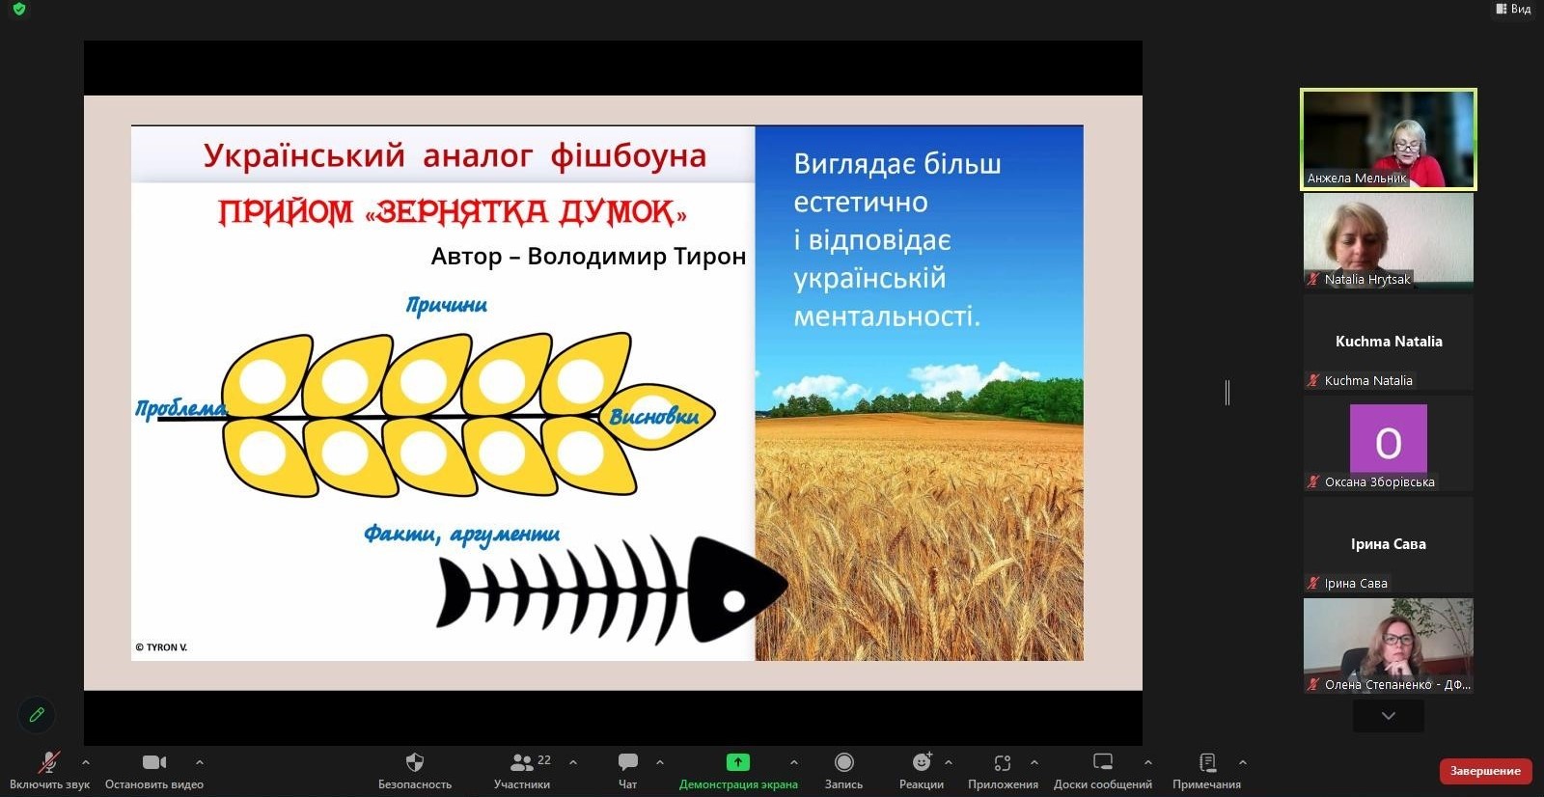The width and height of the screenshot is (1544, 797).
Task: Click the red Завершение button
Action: tap(1485, 771)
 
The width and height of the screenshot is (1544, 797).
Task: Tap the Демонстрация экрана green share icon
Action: tap(737, 762)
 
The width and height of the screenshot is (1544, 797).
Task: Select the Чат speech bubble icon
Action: tap(627, 762)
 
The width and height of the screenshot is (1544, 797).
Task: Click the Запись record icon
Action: tap(843, 762)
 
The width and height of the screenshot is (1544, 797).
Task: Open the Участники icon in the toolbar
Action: tap(522, 762)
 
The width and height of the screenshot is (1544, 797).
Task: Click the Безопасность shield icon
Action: tap(414, 762)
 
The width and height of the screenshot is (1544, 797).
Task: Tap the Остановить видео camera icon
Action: tap(153, 762)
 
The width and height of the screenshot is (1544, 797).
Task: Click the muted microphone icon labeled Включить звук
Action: tap(49, 762)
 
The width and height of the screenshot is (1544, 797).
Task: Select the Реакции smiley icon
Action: tap(922, 762)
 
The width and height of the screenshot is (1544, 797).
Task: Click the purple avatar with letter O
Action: tap(1389, 438)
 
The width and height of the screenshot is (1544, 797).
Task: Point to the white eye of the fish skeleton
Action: tap(734, 601)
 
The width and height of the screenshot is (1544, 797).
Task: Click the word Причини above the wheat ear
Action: tap(447, 305)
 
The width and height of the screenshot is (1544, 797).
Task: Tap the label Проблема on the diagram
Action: tap(180, 409)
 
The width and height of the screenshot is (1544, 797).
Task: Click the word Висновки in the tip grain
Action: tap(654, 417)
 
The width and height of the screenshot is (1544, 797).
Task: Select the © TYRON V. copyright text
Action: tap(161, 647)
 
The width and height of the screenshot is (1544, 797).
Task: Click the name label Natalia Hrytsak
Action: tap(1366, 279)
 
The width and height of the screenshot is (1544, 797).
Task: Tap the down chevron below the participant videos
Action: tap(1389, 716)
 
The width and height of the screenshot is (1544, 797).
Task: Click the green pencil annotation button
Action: tap(37, 715)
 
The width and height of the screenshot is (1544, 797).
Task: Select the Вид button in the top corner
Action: tap(1513, 9)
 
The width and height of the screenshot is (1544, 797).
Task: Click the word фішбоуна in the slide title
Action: tap(628, 155)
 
